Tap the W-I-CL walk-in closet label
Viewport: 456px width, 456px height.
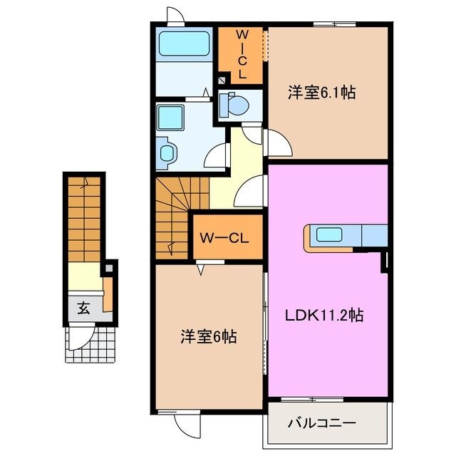tap(242, 53)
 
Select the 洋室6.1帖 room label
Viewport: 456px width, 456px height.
tap(321, 93)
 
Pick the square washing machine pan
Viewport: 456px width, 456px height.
tap(170, 115)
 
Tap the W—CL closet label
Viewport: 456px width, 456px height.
tap(224, 238)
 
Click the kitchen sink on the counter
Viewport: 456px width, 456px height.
tap(329, 234)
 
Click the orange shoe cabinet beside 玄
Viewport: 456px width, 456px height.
tap(108, 295)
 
